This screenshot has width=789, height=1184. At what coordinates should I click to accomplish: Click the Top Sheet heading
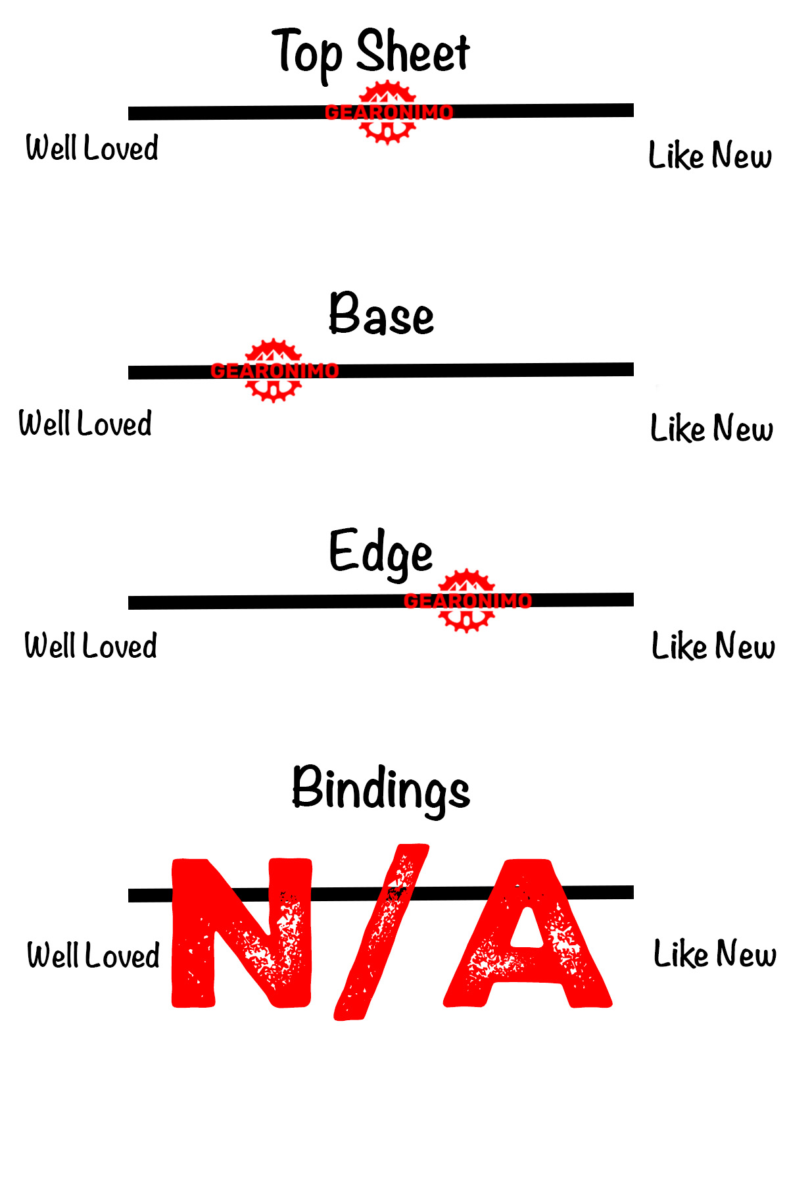(371, 53)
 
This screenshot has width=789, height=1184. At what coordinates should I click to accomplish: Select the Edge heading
(381, 553)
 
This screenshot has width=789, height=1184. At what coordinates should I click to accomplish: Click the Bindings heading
(381, 789)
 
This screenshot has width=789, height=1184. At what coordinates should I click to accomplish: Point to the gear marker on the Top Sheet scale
(389, 112)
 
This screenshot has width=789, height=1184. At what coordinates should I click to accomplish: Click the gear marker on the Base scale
(274, 371)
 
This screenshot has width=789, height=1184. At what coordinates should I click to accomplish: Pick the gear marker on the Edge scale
(467, 601)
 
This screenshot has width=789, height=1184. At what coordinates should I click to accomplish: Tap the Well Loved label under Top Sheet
(92, 148)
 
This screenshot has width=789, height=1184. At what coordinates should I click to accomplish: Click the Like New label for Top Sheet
(710, 156)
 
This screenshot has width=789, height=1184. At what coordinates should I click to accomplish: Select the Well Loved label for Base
(85, 424)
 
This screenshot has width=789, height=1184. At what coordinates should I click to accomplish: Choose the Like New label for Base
(711, 429)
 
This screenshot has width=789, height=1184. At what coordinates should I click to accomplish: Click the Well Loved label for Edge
(91, 646)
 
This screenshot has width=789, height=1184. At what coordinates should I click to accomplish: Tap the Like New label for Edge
(713, 647)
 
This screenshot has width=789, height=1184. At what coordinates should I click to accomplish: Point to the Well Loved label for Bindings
(93, 956)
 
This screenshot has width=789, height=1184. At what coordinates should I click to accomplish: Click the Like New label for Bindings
(715, 954)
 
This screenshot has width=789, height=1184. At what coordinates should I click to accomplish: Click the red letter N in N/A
(241, 933)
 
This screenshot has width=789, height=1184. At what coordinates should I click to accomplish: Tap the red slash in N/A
(381, 933)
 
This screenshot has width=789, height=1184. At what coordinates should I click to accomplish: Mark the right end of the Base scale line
(631, 370)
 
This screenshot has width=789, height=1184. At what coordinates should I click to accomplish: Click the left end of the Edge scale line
(131, 603)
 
